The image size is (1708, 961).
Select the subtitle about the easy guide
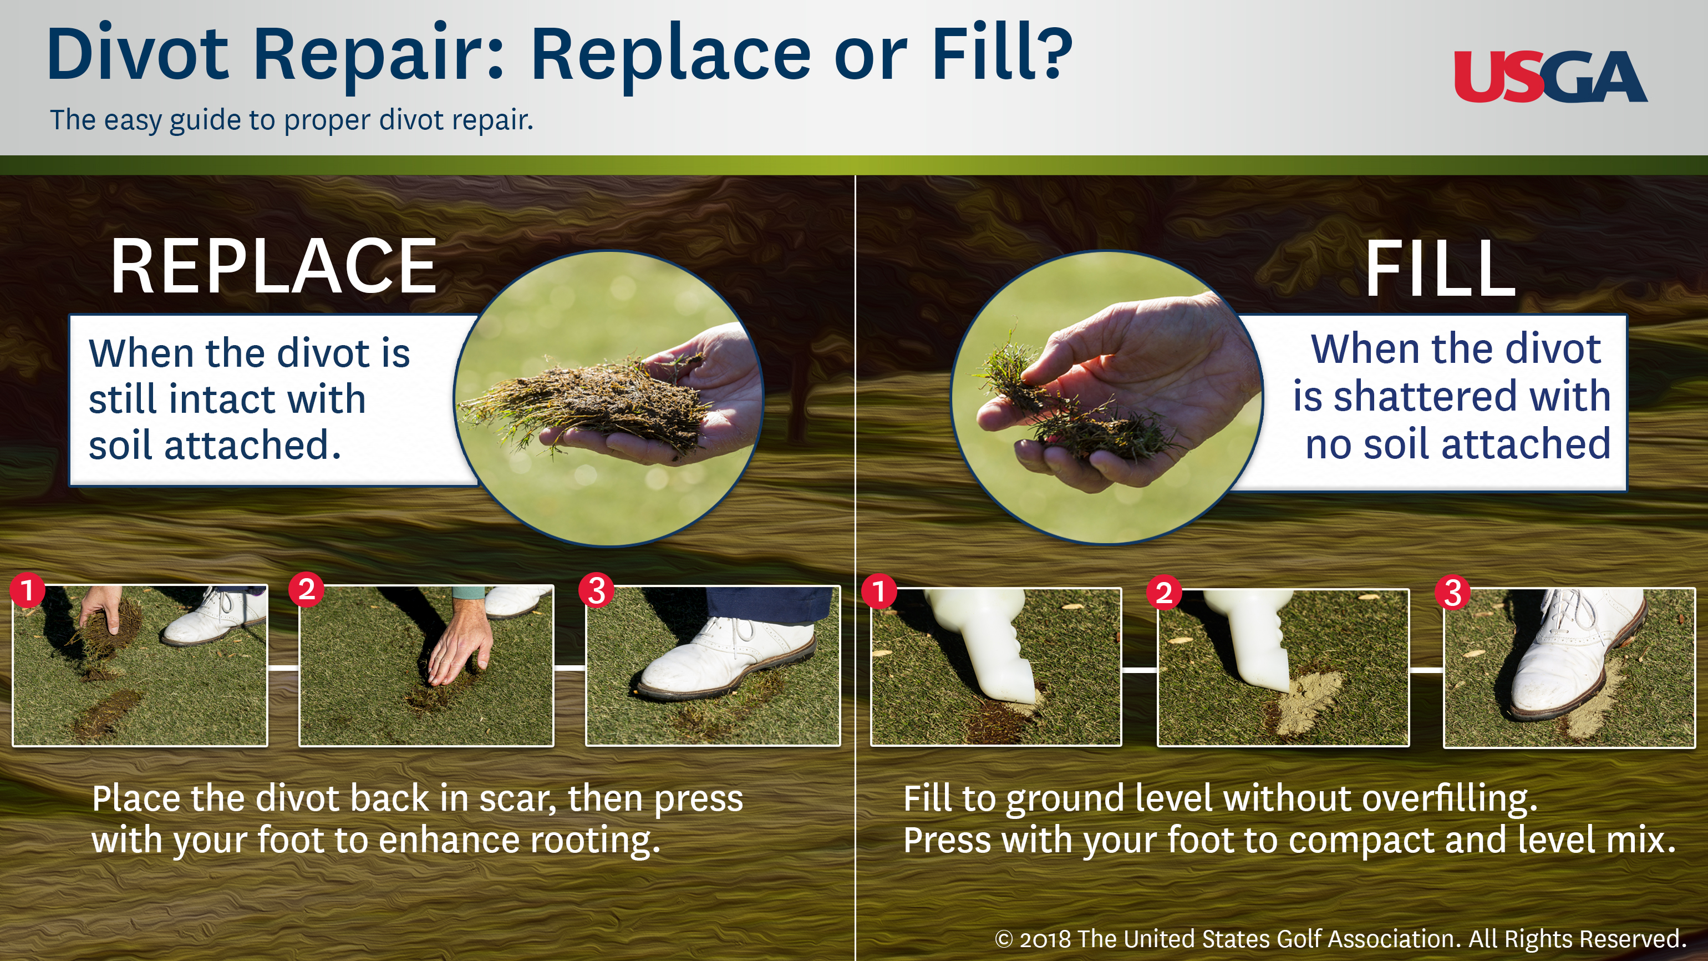(292, 120)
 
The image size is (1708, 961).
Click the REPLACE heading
(273, 267)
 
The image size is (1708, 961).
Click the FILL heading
(1440, 269)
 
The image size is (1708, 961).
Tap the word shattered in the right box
(1426, 396)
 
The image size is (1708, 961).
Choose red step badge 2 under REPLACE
(306, 589)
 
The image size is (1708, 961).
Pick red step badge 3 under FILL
(1452, 592)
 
